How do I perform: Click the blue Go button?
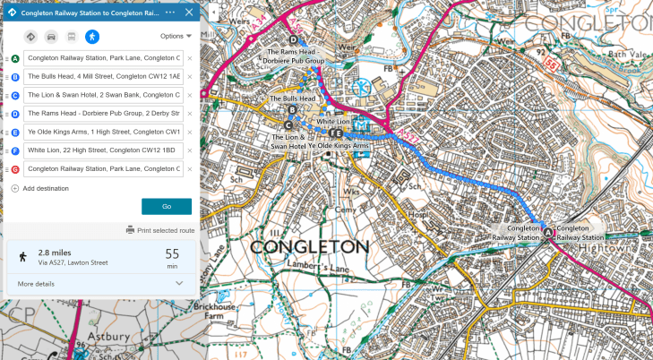167,206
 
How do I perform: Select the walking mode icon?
92,37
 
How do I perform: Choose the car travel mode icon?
51,37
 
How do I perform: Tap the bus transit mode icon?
72,37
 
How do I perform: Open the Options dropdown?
176,37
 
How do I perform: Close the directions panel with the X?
188,13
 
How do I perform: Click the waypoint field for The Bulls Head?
104,77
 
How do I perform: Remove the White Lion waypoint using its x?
190,150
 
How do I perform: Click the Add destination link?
39,188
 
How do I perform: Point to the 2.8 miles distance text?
56,253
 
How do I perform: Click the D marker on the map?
293,39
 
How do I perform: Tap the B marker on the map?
293,109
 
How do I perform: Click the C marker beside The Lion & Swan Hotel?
288,125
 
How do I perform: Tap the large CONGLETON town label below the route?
309,246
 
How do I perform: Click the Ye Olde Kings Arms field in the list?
104,132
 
